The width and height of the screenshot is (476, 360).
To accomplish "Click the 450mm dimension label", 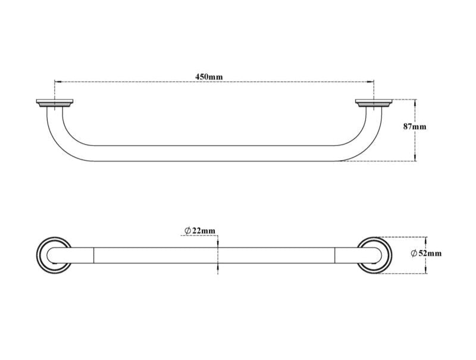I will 209,76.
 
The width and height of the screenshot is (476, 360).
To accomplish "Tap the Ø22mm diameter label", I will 200,230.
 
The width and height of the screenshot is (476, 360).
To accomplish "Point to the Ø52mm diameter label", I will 426,253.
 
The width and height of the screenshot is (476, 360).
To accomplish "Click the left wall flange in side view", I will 54,104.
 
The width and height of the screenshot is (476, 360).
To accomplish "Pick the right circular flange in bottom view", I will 375,255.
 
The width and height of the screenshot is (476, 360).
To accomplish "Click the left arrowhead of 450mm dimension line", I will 57,82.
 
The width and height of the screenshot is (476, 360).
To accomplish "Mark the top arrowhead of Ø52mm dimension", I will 425,238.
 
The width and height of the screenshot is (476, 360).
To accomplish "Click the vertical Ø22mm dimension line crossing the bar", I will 218,255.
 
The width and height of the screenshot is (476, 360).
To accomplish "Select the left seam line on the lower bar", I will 93,255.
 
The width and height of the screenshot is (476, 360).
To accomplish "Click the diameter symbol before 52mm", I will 414,253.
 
